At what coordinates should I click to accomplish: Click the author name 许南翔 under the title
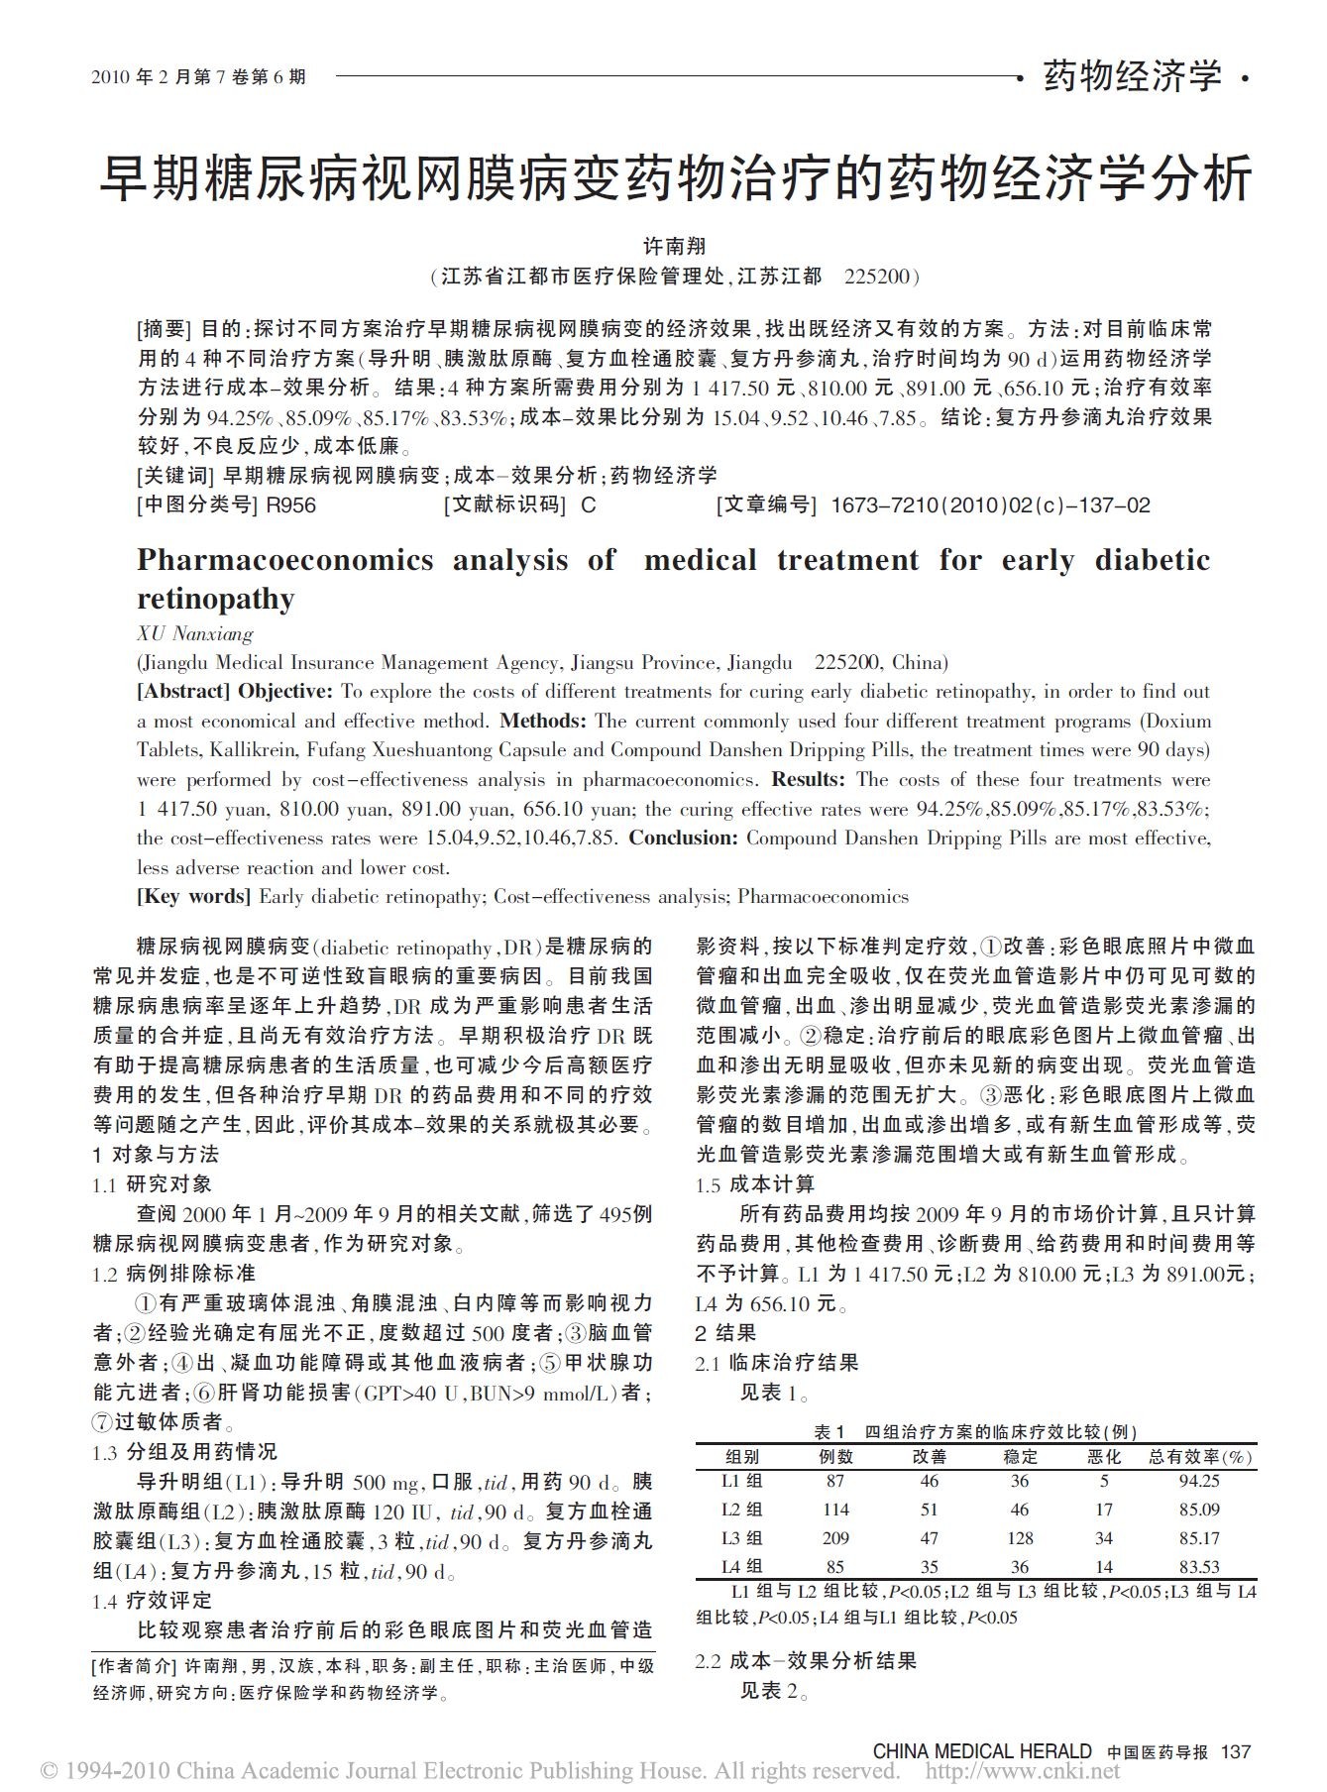point(674,246)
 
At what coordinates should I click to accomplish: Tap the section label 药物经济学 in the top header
point(1132,76)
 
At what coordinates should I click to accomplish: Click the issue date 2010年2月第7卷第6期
point(199,76)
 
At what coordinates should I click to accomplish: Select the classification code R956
point(291,505)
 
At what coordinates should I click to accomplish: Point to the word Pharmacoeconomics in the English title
point(285,560)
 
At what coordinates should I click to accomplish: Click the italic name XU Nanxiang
point(195,633)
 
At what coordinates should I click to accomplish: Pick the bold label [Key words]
point(193,897)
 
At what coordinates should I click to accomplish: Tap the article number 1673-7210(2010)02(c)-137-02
point(990,505)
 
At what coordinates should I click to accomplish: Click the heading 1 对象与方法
point(156,1155)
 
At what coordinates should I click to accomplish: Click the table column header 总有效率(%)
point(1200,1457)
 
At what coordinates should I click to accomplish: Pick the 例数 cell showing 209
point(835,1538)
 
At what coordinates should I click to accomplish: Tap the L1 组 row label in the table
point(742,1481)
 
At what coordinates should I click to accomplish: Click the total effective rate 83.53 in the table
point(1199,1567)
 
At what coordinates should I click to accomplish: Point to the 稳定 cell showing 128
point(1020,1538)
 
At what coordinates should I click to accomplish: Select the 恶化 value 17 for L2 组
point(1104,1510)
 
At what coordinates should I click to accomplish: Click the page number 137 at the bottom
point(1236,1751)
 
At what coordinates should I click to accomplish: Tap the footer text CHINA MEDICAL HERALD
point(981,1751)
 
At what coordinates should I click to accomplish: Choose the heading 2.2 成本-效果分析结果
point(806,1661)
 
